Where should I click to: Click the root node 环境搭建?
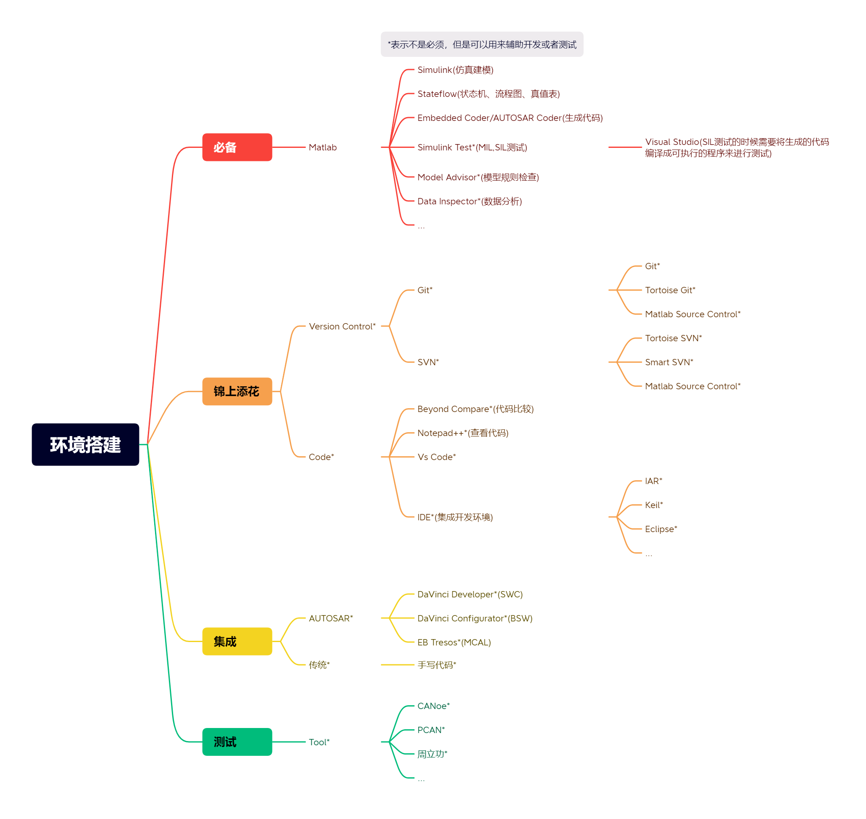pyautogui.click(x=85, y=444)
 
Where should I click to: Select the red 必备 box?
pyautogui.click(x=237, y=147)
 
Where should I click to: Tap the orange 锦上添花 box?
pyautogui.click(x=237, y=391)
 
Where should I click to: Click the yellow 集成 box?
pyautogui.click(x=237, y=641)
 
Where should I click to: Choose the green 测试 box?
pyautogui.click(x=237, y=742)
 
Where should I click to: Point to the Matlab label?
pyautogui.click(x=323, y=147)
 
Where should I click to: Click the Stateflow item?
pyautogui.click(x=488, y=94)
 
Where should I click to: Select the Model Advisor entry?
pyautogui.click(x=478, y=177)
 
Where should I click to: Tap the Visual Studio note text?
pyautogui.click(x=736, y=147)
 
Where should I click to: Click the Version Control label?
pyautogui.click(x=342, y=327)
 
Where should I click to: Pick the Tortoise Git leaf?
pyautogui.click(x=670, y=290)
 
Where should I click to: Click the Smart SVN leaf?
pyautogui.click(x=669, y=362)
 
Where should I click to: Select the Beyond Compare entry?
pyautogui.click(x=475, y=409)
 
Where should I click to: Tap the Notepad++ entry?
pyautogui.click(x=462, y=433)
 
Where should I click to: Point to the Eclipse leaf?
pyautogui.click(x=661, y=529)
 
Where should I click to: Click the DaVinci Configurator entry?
pyautogui.click(x=474, y=618)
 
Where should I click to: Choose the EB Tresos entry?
pyautogui.click(x=454, y=642)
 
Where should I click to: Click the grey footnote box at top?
pyautogui.click(x=481, y=44)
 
